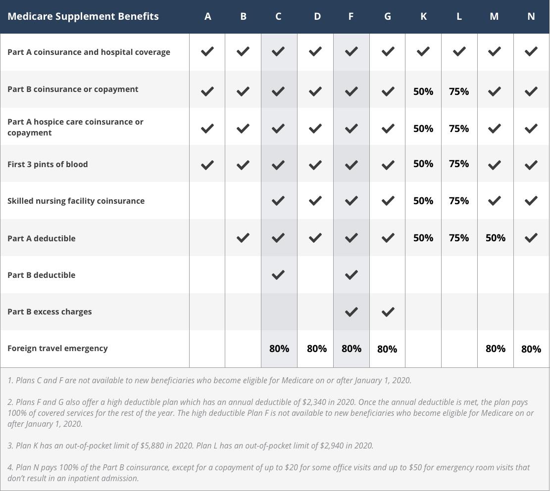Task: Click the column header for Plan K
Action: coord(423,16)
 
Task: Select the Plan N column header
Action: coord(531,16)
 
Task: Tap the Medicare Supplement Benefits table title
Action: coord(83,16)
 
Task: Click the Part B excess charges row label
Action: coord(50,312)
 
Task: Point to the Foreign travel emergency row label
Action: coord(57,348)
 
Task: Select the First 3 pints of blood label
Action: coord(48,164)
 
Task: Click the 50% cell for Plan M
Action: coord(495,238)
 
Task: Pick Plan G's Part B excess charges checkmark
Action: coord(388,312)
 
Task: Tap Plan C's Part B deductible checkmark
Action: coord(279,274)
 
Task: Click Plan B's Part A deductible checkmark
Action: coord(243,238)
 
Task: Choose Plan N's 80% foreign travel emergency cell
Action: coord(531,349)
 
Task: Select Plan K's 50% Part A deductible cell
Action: coord(423,238)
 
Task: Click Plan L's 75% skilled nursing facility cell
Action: coord(459,201)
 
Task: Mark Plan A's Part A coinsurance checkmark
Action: coord(207,51)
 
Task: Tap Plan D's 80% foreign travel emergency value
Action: coord(317,349)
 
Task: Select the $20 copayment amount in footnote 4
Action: coord(291,467)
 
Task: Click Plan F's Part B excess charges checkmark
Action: coord(351,312)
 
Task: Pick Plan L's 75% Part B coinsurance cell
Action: coord(459,91)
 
